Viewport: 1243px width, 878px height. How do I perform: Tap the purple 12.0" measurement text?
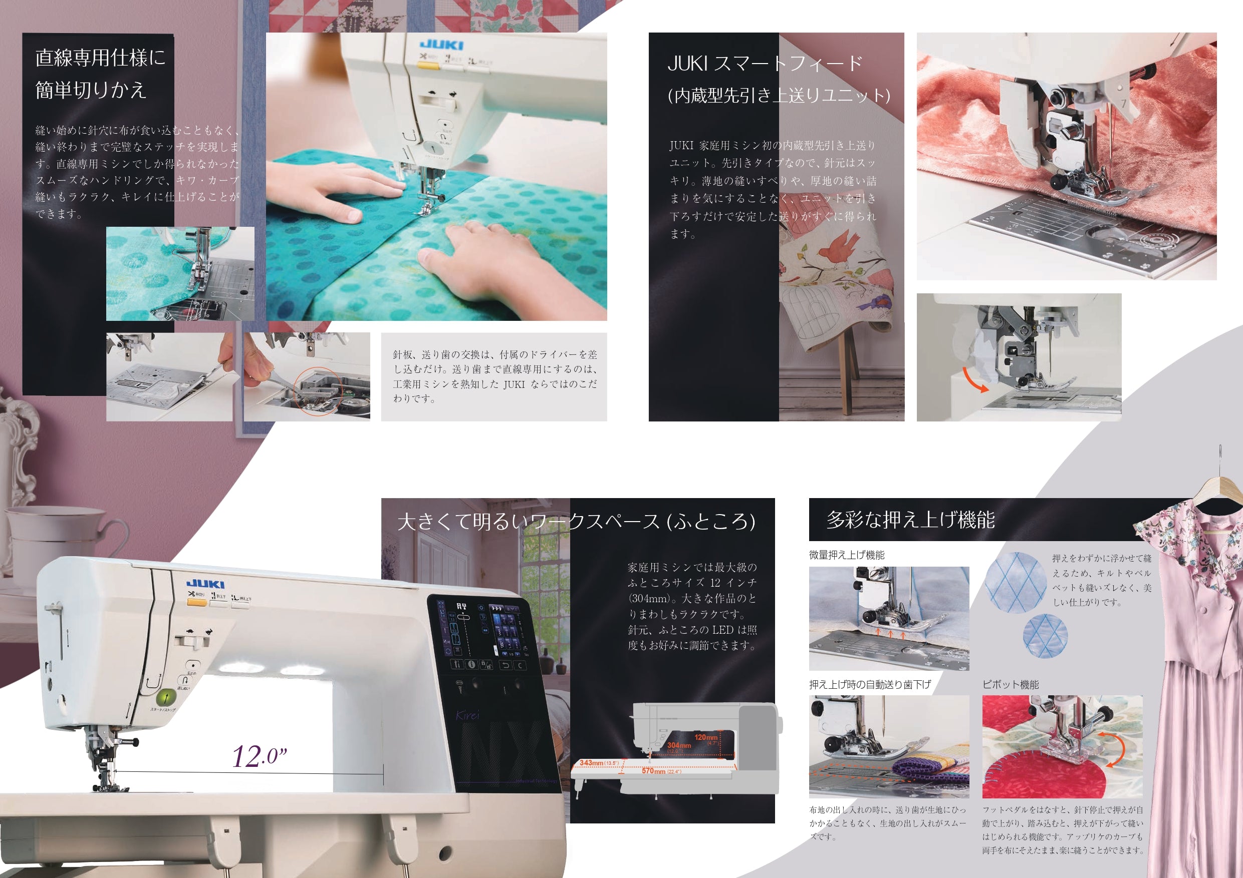pos(259,756)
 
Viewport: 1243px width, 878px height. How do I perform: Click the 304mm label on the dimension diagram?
pos(679,745)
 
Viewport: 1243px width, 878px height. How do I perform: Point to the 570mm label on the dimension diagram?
pos(653,771)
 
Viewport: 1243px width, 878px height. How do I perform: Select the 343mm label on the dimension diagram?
pos(591,763)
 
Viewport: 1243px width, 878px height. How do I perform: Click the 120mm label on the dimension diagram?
pos(705,737)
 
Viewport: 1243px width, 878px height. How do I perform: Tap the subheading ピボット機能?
pos(1010,684)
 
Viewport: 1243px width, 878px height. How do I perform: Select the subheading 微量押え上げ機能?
pos(846,555)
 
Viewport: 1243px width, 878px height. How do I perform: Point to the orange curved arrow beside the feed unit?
pos(974,380)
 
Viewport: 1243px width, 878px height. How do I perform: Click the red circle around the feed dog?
pos(318,391)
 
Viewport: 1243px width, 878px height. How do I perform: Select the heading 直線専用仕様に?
pos(100,58)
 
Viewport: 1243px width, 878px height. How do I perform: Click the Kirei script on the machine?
pos(467,715)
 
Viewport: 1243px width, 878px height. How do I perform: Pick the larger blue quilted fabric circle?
pos(1015,583)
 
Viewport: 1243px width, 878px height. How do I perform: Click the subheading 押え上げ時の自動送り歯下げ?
pos(869,684)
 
